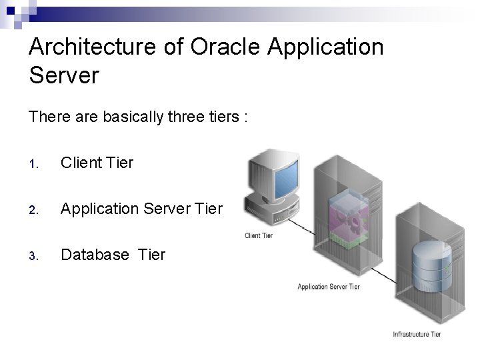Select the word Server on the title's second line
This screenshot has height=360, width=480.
[64, 75]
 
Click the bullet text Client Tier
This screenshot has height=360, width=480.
[97, 162]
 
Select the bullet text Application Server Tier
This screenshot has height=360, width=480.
[141, 209]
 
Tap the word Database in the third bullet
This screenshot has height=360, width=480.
[92, 255]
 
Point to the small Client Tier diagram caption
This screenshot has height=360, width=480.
[259, 235]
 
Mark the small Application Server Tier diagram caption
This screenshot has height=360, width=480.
[328, 287]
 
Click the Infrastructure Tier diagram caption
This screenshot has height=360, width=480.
[417, 334]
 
